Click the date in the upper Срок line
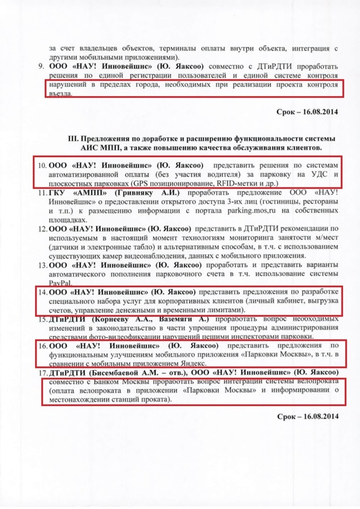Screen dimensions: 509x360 tap(321, 111)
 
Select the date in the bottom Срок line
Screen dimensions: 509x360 tap(321, 416)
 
